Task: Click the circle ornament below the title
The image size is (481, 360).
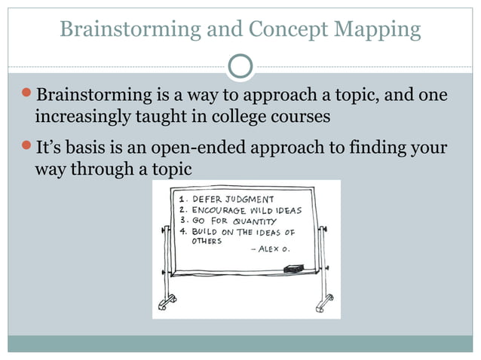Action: (240, 66)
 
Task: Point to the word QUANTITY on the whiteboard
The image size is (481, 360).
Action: (254, 221)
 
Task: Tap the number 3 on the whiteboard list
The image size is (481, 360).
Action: (184, 221)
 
